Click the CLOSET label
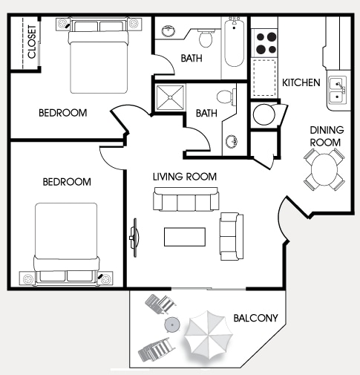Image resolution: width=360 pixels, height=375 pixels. click(31, 43)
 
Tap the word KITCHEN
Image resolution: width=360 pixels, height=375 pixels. click(301, 82)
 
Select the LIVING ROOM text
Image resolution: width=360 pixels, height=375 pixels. click(185, 177)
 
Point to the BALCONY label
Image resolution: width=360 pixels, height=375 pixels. click(255, 318)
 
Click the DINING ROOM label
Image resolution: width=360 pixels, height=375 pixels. click(325, 136)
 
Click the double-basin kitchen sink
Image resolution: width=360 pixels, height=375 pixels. click(336, 91)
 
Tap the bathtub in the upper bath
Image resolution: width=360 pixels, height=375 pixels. click(234, 42)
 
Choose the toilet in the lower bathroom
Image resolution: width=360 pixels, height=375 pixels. click(225, 97)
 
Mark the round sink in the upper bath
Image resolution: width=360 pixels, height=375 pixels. click(168, 31)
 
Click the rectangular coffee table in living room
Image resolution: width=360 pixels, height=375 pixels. click(185, 235)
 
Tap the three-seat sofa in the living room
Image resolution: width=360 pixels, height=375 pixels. click(186, 200)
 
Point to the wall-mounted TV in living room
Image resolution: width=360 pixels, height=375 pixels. click(135, 237)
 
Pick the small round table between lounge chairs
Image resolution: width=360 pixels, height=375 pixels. click(172, 325)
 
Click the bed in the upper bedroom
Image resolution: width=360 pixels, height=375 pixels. click(101, 55)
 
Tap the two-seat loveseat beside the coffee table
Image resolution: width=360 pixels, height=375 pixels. click(231, 236)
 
